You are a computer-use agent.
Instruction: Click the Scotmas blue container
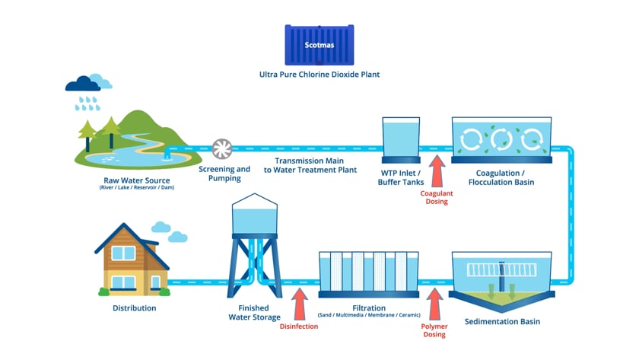click(319, 44)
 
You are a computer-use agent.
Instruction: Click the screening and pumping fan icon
click(223, 148)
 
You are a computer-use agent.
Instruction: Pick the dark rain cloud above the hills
click(81, 83)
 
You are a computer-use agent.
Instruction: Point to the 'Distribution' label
click(134, 308)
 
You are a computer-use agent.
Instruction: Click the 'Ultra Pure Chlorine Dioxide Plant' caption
click(319, 75)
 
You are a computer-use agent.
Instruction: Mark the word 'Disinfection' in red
click(298, 327)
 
